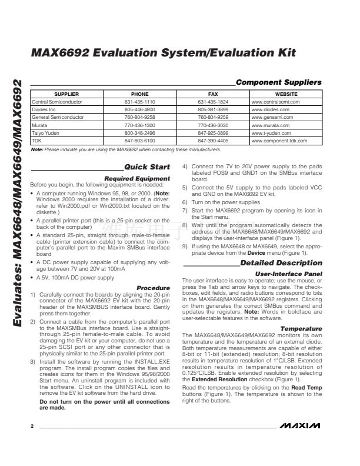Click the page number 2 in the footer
[32, 441]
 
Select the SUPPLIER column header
[66, 94]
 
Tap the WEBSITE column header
[286, 94]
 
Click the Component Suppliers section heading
[278, 82]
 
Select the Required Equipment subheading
[137, 178]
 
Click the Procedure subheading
[153, 288]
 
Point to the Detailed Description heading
[281, 263]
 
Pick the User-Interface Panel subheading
[289, 274]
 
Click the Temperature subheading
[301, 328]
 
